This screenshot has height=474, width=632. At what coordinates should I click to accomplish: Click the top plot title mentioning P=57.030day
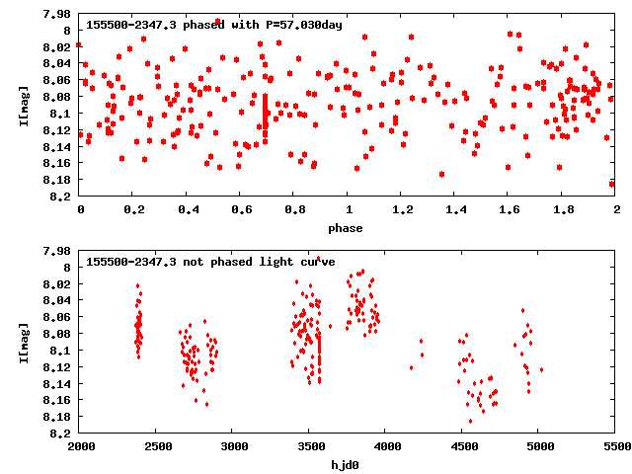(x=214, y=25)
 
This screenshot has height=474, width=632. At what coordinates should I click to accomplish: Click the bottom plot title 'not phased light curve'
(x=210, y=262)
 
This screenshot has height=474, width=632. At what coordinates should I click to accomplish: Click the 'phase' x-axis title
(x=346, y=228)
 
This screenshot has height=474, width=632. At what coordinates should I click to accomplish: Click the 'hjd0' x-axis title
(x=346, y=465)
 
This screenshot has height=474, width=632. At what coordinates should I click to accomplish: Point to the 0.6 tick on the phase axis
(x=240, y=211)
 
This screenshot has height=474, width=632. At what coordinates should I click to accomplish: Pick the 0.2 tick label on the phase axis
(x=132, y=211)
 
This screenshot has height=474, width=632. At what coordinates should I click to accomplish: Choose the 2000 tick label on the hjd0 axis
(x=80, y=448)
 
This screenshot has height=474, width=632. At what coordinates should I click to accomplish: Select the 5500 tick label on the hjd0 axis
(x=615, y=448)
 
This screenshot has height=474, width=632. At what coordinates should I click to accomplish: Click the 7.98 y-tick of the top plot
(x=57, y=15)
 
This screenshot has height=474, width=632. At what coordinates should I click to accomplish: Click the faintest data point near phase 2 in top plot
(x=612, y=184)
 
